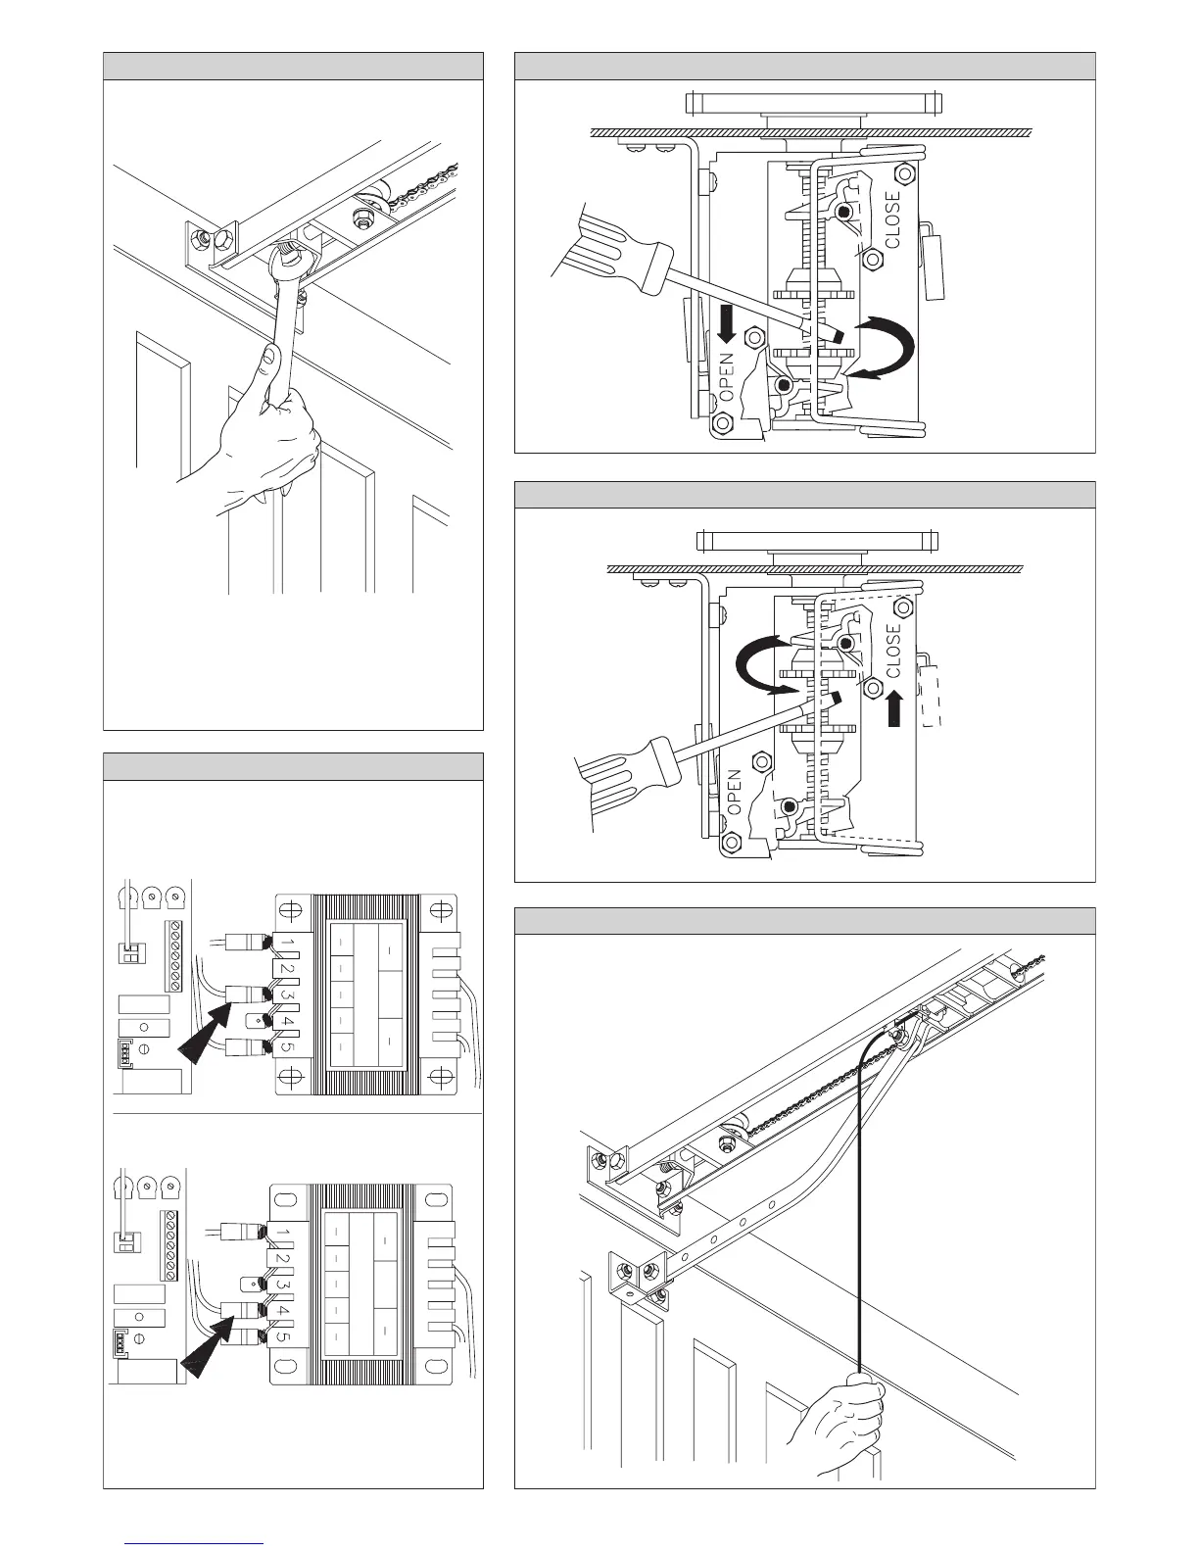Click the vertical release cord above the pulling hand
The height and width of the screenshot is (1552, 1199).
coord(861,1225)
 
